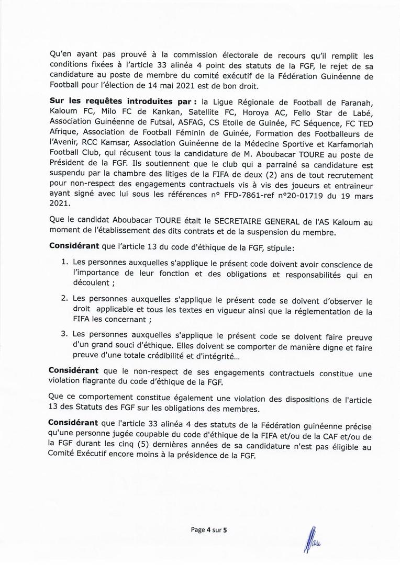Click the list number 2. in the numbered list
click(x=65, y=302)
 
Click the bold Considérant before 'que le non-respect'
click(x=74, y=370)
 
